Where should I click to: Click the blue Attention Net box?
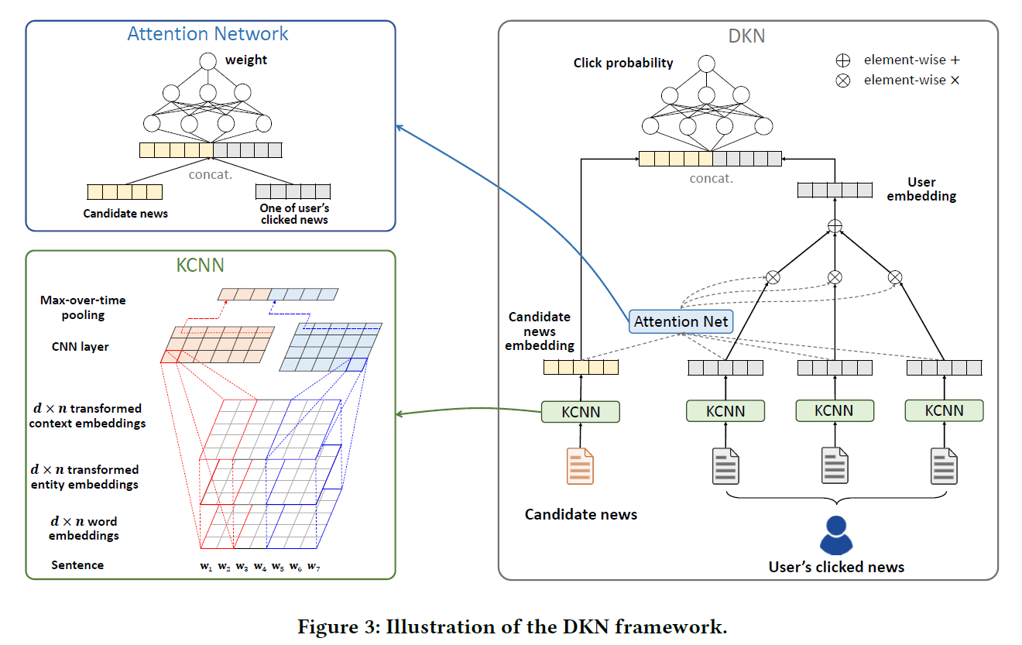[681, 321]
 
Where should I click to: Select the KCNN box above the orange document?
[580, 411]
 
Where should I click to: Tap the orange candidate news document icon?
[580, 466]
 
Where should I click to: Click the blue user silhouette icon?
[835, 533]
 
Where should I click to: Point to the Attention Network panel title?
[207, 34]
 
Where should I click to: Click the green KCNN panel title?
[200, 266]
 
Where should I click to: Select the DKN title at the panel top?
[746, 36]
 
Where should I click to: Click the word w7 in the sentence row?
[314, 567]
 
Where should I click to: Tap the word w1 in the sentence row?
[206, 567]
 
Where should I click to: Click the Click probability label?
[623, 63]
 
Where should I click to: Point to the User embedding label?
[921, 190]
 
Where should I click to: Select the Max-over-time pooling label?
[83, 307]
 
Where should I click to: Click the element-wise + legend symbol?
[843, 60]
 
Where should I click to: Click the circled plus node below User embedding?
[835, 225]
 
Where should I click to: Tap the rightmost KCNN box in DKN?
[944, 410]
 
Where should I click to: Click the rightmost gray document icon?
[944, 466]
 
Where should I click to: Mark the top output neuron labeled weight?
[207, 61]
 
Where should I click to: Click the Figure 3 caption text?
[512, 626]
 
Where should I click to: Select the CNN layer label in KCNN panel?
[81, 346]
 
